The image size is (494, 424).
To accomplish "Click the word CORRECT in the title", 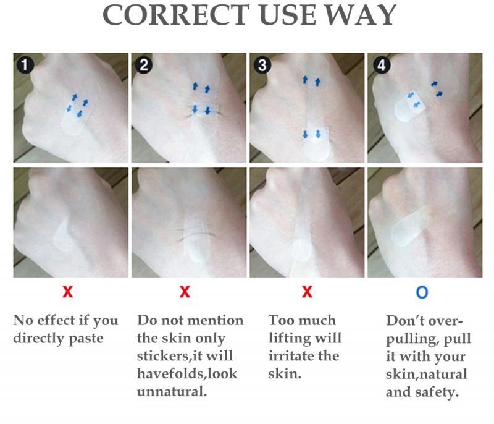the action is coord(176,15).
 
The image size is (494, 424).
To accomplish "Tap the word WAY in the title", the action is coord(361,15).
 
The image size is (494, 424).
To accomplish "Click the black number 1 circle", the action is coord(25,66).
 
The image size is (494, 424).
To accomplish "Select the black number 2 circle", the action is coord(144,66).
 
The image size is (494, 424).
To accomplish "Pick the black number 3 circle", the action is coord(262,66).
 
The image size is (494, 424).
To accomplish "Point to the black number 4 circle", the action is coord(382,66).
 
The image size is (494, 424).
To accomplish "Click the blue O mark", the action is coord(422,292).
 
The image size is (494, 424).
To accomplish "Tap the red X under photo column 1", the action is coord(68,292).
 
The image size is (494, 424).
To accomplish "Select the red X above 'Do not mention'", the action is coord(185,292).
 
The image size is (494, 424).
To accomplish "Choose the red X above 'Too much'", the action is coord(307,292).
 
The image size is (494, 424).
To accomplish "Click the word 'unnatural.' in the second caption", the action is coord(172,392).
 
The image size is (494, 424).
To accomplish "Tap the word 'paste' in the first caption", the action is coord(86,339).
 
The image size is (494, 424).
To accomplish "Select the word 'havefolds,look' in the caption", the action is coord(187,374).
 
